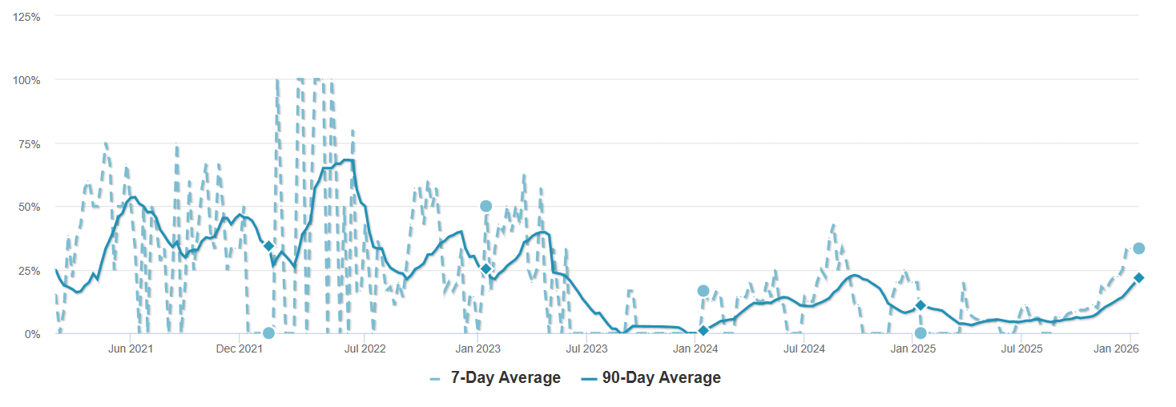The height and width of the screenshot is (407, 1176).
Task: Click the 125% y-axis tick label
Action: (x=28, y=16)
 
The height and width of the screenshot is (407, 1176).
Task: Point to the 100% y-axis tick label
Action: (x=28, y=80)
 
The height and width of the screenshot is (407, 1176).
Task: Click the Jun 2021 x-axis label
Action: (x=130, y=349)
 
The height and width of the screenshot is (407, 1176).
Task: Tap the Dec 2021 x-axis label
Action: (x=240, y=349)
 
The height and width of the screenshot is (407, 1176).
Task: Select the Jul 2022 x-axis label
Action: (x=364, y=349)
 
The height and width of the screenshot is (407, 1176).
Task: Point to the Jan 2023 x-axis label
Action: (x=478, y=349)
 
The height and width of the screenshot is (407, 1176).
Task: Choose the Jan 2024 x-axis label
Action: (x=695, y=349)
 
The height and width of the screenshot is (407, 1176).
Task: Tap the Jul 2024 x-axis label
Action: (x=803, y=349)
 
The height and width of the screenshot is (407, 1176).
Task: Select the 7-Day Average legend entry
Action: (x=495, y=378)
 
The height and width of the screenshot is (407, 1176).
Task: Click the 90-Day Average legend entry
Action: (x=650, y=378)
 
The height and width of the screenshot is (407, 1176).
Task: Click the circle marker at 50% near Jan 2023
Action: (x=485, y=206)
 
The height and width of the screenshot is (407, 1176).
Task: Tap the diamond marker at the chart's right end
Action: (x=1138, y=278)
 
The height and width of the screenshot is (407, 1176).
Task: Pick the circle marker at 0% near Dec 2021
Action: (x=268, y=332)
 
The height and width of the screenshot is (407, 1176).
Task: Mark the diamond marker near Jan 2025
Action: (x=920, y=305)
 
